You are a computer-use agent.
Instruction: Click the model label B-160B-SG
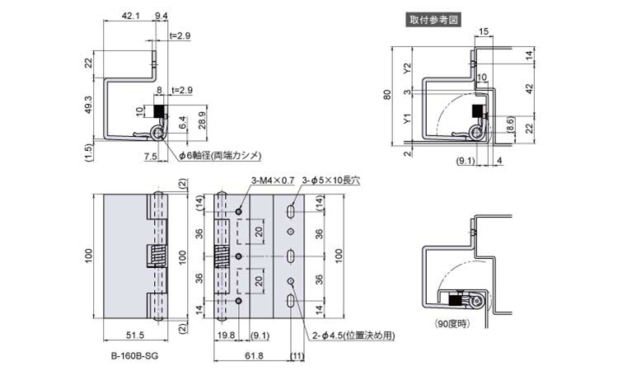click(134, 356)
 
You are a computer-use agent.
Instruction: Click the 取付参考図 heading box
click(433, 20)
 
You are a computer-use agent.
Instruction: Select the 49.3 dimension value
click(89, 105)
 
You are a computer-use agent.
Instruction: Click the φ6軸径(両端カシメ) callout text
click(220, 156)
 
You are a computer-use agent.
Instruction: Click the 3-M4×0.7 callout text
click(273, 181)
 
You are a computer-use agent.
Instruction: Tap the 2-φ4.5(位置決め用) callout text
click(353, 336)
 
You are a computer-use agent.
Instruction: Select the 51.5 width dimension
click(135, 336)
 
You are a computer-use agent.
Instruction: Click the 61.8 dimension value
click(254, 355)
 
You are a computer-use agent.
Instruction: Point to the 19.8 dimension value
click(227, 336)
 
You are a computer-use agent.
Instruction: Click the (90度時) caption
click(453, 324)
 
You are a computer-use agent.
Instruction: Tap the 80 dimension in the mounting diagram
click(388, 95)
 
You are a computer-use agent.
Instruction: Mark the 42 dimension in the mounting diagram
click(529, 88)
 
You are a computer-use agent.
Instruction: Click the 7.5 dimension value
click(151, 156)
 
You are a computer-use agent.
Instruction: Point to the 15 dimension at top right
click(484, 32)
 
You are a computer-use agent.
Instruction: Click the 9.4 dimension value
click(162, 16)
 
